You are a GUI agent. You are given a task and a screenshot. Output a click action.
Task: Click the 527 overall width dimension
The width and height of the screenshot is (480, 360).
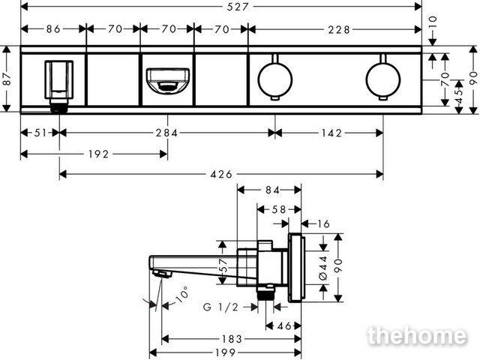[x=238, y=7]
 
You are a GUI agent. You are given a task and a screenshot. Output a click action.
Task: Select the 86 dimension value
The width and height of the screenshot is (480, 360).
[x=53, y=29]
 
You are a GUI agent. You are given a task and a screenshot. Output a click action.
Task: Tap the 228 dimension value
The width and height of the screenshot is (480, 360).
[x=339, y=30]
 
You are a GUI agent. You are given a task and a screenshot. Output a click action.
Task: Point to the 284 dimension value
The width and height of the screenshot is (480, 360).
[x=166, y=133]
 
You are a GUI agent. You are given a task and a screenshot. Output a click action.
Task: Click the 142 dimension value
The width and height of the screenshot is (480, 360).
[x=332, y=133]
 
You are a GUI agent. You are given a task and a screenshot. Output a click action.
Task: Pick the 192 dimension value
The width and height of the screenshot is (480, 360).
[x=98, y=154]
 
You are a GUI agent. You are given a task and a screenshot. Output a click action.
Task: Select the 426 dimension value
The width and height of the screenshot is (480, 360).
[x=221, y=175]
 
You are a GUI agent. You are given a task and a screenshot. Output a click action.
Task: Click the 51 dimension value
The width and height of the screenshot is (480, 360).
[x=40, y=133]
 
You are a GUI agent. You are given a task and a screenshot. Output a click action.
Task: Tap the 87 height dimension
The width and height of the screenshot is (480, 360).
[x=7, y=79]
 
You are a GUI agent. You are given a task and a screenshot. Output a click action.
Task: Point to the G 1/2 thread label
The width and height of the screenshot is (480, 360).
[x=220, y=307]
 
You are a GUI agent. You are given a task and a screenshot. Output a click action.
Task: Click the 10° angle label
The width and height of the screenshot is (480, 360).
[x=183, y=295]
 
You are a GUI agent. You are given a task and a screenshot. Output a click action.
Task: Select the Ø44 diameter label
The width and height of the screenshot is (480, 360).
[x=323, y=268]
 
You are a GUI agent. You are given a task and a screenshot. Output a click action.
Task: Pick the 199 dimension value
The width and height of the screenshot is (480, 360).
[x=226, y=352]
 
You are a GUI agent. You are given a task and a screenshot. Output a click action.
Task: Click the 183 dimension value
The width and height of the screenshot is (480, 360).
[x=232, y=339]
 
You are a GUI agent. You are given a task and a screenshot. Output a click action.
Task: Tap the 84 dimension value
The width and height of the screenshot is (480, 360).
[x=272, y=190]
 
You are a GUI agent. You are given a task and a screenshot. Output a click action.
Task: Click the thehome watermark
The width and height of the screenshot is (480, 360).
[x=417, y=336]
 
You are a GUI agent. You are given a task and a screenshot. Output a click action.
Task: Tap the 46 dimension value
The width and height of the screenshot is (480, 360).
[x=284, y=326]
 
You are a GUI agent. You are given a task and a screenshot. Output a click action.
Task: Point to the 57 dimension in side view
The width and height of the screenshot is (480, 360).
[x=223, y=265]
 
